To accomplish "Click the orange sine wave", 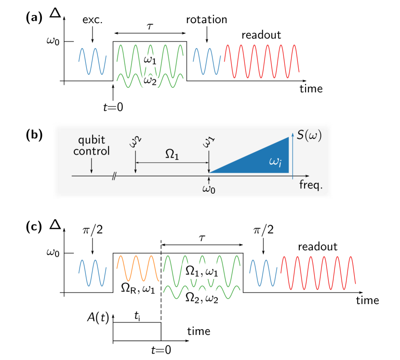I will (138, 268).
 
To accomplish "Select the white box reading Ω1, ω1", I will (201, 271).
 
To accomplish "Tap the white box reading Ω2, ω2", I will (201, 298).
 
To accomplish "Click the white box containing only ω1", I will (149, 60).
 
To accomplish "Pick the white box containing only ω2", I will (149, 81).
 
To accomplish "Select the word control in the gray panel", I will (92, 151).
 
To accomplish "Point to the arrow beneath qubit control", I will (92, 166).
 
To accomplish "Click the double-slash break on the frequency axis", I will (114, 176).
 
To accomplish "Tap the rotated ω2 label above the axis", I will (135, 141).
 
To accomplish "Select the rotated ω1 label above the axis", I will (209, 141).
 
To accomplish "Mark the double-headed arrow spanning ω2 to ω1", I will (172, 163).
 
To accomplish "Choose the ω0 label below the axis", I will (209, 188).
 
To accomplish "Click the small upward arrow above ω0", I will (209, 179).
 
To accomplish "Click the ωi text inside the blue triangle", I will (275, 162).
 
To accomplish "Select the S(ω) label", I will (309, 135).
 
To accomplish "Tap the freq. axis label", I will (311, 185).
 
